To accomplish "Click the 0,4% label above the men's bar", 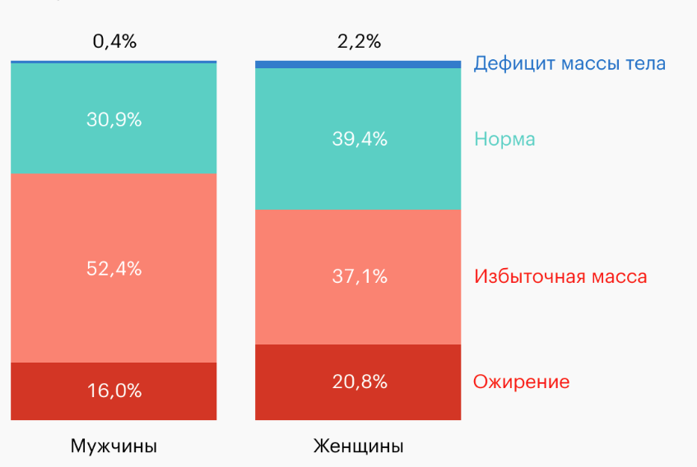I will pos(114,42).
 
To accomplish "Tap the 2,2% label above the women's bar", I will pos(359,42).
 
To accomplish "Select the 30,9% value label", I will pos(114,119).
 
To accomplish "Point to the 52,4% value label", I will pos(114,268).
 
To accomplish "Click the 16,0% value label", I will pos(114,391).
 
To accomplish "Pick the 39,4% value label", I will pos(359,139).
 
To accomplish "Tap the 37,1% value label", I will pos(359,277).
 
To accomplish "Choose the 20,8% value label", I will pos(359,381).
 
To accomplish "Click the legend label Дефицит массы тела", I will pos(569,63).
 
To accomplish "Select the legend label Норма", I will pos(504,139).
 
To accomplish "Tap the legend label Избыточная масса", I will pos(560,276).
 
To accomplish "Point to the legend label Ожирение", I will pos(521,381).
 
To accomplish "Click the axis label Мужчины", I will pos(114,446).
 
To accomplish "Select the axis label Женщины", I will pos(359,446).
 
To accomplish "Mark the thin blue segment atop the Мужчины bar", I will pos(114,62).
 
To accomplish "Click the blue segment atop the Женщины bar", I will pos(358,64).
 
